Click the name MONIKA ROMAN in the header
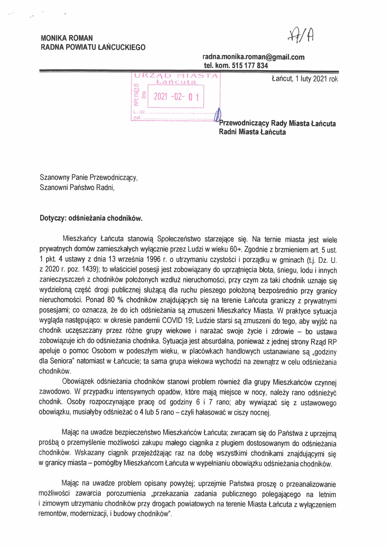[x=67, y=38]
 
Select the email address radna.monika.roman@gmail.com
[x=253, y=57]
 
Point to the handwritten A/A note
[x=301, y=35]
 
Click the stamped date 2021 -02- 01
[x=176, y=96]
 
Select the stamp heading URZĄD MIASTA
[x=176, y=76]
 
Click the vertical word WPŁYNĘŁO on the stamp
[x=136, y=95]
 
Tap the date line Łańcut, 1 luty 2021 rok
[x=305, y=79]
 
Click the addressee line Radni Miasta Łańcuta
[x=252, y=132]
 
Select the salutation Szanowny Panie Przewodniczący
[x=88, y=178]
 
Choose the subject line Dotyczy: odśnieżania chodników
[x=91, y=218]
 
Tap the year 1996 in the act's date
[x=153, y=259]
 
